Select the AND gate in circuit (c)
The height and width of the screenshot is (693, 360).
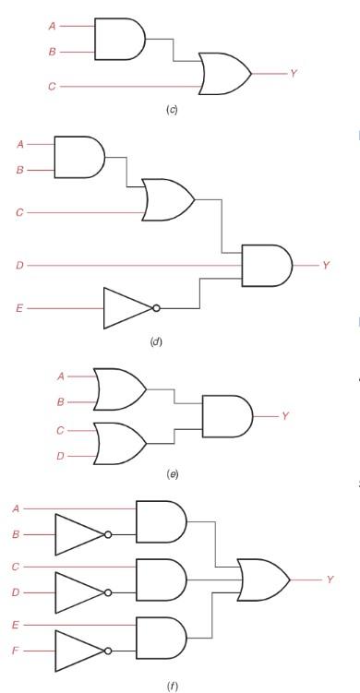click(x=119, y=40)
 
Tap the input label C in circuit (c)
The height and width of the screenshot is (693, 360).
click(x=52, y=88)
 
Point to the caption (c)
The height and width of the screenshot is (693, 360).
click(x=171, y=111)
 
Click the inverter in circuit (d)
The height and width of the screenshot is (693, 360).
click(x=129, y=308)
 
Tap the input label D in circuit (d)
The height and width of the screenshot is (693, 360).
click(x=19, y=266)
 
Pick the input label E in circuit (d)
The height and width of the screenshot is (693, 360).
click(x=19, y=308)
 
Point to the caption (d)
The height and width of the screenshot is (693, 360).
click(x=155, y=342)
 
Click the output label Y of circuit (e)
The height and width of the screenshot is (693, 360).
click(x=285, y=416)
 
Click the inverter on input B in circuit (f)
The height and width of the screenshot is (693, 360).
click(x=80, y=534)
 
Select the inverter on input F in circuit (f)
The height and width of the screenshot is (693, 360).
click(x=80, y=651)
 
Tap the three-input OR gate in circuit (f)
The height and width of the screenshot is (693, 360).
click(x=263, y=579)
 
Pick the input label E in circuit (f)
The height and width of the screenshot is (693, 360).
click(x=16, y=625)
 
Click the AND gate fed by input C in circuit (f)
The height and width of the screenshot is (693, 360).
click(x=161, y=579)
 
